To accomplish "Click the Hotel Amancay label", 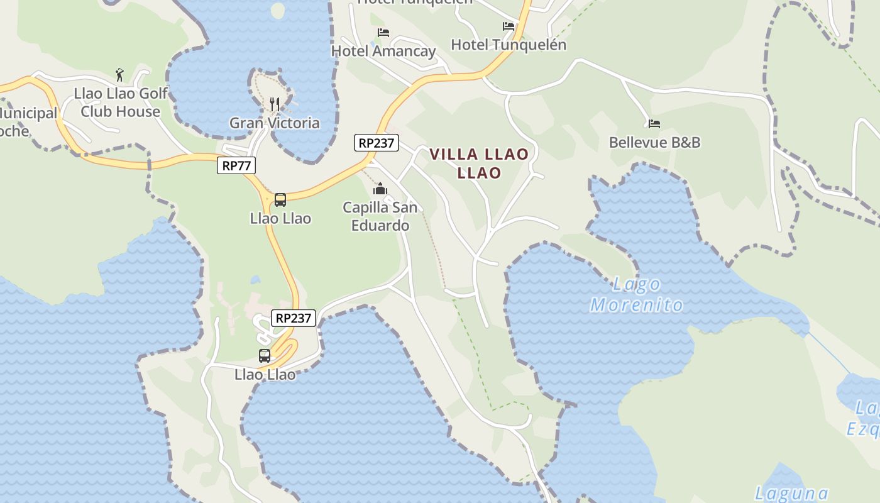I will click(x=383, y=51).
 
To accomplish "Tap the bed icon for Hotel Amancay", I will click(x=383, y=32).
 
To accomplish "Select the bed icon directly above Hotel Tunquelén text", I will click(x=509, y=26).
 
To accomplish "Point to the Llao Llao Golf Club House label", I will click(x=121, y=102).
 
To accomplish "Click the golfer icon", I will click(x=119, y=75).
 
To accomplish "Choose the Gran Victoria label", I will click(x=274, y=123).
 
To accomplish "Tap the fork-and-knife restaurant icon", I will click(x=274, y=104).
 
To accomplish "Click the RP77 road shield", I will click(x=236, y=165).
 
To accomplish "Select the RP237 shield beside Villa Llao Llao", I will click(x=377, y=143).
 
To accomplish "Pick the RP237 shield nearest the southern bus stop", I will click(x=293, y=318).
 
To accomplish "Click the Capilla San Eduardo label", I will click(x=380, y=216).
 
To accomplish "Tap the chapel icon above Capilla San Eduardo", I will click(x=380, y=189).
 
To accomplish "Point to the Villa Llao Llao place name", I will click(x=479, y=163).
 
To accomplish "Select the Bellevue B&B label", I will click(x=654, y=142).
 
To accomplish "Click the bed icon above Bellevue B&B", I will click(x=654, y=123).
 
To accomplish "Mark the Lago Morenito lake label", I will click(x=637, y=294).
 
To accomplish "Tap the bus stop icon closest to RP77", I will click(x=280, y=200).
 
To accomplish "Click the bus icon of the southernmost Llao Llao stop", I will click(x=265, y=355).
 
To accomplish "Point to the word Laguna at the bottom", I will click(x=791, y=493).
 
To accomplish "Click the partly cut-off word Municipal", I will click(x=28, y=113).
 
